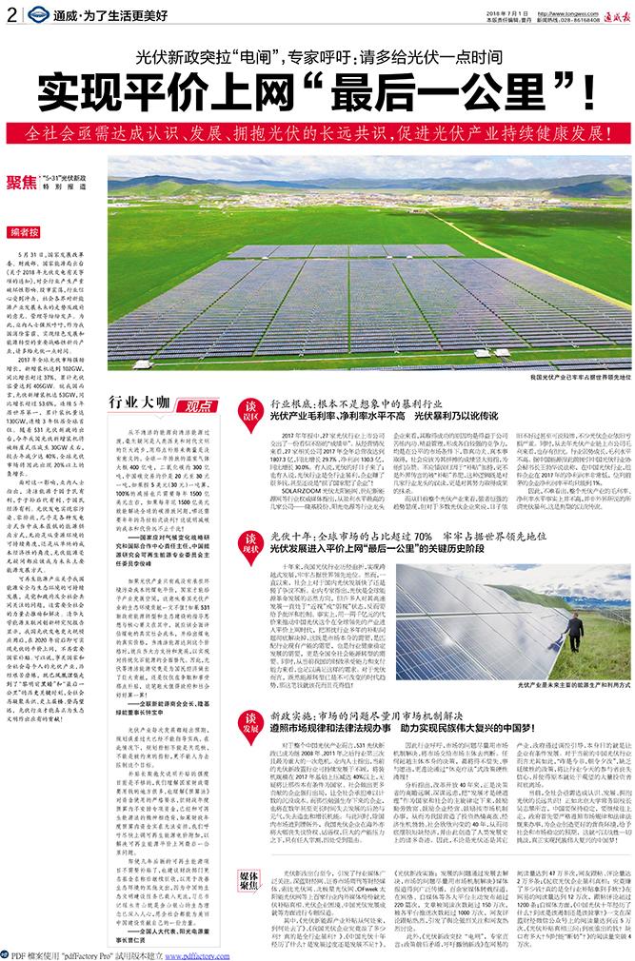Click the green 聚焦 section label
coord(22,181)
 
